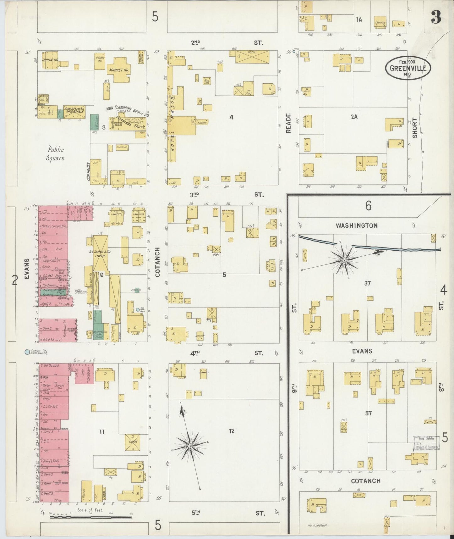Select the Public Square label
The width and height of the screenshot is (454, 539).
55,154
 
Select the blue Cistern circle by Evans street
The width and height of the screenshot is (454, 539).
28,352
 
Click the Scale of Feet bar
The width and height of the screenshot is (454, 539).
90,517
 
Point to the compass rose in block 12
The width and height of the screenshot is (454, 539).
190,446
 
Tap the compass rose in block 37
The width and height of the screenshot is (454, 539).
344,260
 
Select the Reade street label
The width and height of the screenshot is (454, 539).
289,123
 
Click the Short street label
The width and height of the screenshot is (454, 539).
415,128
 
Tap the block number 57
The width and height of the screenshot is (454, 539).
368,413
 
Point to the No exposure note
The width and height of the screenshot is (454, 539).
317,525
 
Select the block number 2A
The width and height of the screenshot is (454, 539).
354,117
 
